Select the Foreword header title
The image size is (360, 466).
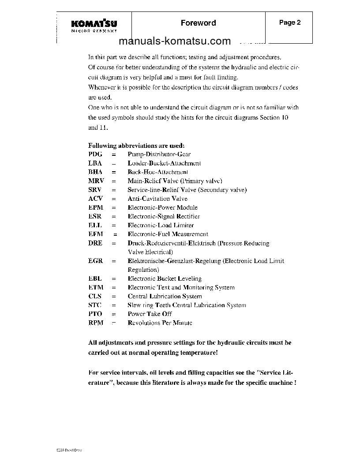(198, 23)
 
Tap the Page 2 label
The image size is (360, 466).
(290, 23)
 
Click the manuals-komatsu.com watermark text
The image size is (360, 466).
(175, 41)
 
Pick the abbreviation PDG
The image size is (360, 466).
(95, 154)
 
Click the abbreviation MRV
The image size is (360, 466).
(96, 181)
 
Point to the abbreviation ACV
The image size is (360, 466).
(95, 199)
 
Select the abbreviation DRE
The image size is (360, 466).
(95, 243)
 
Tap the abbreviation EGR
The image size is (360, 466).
(96, 261)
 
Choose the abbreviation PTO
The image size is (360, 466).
(95, 314)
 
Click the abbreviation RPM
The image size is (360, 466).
(96, 323)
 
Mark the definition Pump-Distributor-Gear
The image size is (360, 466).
(159, 154)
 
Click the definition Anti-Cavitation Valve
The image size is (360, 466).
(157, 199)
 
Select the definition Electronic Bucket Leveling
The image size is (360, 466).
(165, 278)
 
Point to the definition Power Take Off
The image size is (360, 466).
(150, 314)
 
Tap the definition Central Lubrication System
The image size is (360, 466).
(165, 296)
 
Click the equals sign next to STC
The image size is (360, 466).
(113, 305)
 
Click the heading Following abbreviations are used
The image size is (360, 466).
(136, 146)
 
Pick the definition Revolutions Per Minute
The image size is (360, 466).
(160, 323)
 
